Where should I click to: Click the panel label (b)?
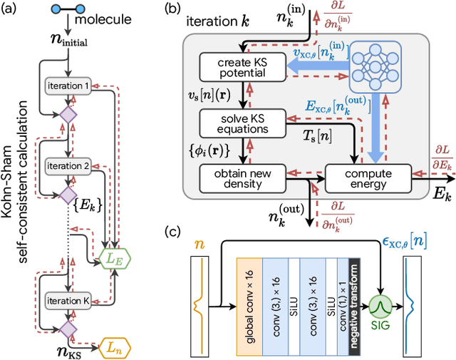(175, 9)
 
